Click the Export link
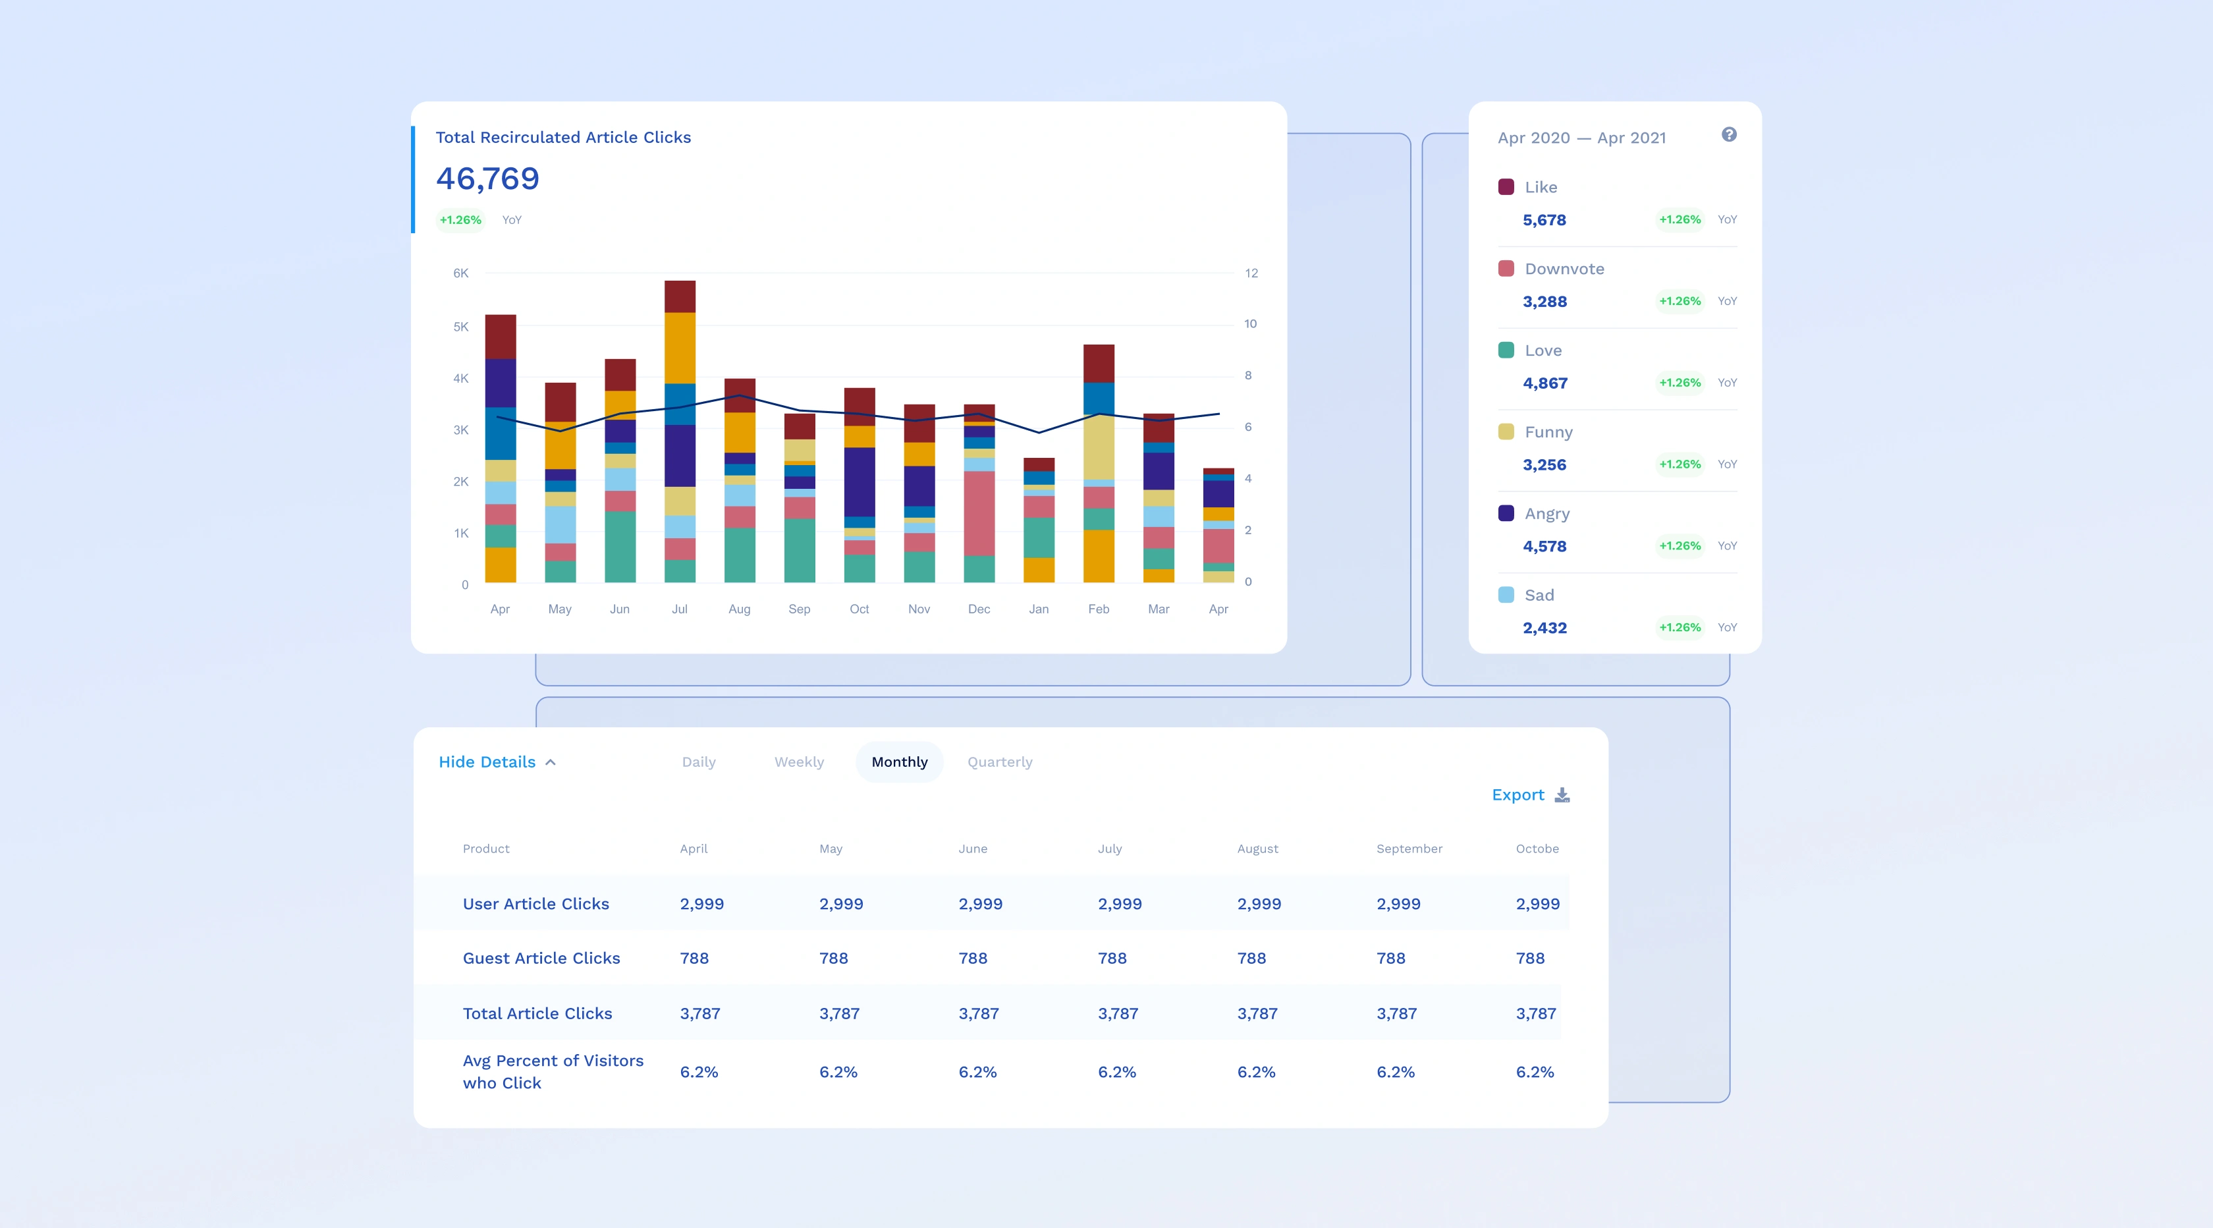pos(1530,795)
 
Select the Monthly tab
pos(900,762)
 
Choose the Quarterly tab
pos(1000,762)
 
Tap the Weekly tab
pos(799,762)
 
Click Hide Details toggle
pos(497,762)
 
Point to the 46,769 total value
pos(487,178)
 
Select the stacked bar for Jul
pos(680,432)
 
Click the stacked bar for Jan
pos(1039,520)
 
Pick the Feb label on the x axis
pos(1099,609)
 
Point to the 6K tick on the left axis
pos(460,273)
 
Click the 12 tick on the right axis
pos(1251,273)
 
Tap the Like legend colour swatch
pos(1506,187)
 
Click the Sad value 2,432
pos(1544,628)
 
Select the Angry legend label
pos(1547,514)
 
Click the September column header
pos(1409,849)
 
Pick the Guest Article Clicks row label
pos(541,958)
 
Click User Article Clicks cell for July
pos(1120,904)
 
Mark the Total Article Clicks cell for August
pos(1258,1014)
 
